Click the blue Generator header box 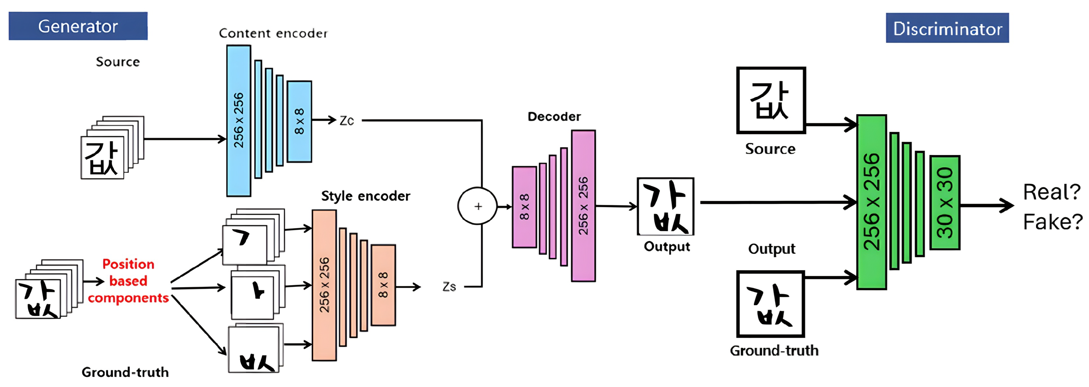(x=78, y=26)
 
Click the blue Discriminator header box (x=947, y=28)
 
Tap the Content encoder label (x=273, y=34)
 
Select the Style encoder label (x=365, y=196)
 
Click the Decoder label (x=554, y=117)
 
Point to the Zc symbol (x=346, y=121)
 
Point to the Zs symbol (x=449, y=287)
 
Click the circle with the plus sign (x=478, y=206)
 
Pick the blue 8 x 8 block (x=299, y=122)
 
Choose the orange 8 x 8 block (x=383, y=285)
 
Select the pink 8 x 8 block (x=524, y=207)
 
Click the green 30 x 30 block (x=945, y=203)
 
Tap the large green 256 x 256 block (x=871, y=202)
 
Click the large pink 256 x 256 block (x=583, y=206)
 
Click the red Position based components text (x=128, y=281)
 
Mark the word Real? (x=1051, y=192)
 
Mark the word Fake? (x=1052, y=222)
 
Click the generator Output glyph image (x=665, y=207)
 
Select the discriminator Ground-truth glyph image (x=770, y=304)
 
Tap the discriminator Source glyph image (x=771, y=101)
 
